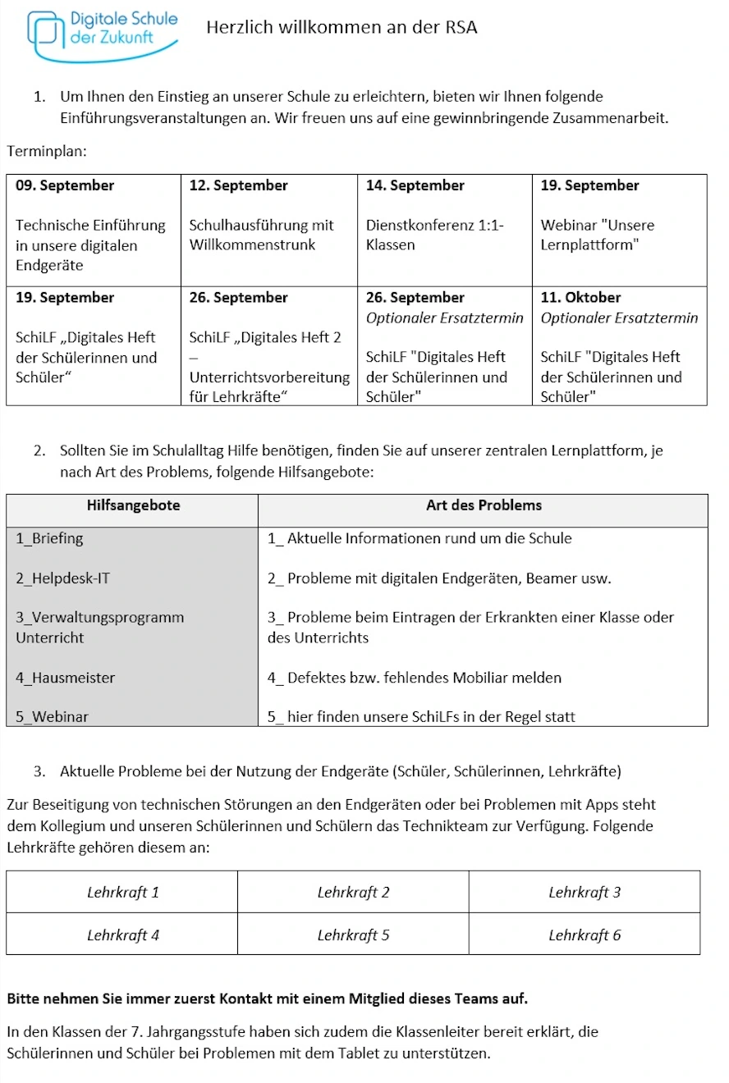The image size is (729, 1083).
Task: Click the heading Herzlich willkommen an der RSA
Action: (x=342, y=28)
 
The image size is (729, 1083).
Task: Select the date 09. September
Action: (x=65, y=185)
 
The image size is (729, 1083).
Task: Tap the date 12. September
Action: (x=238, y=185)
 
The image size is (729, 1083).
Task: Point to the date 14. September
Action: (x=415, y=185)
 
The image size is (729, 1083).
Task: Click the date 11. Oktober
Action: (x=580, y=297)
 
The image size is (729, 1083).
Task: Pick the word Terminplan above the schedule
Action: (x=46, y=152)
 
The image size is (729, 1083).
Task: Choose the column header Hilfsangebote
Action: (x=133, y=505)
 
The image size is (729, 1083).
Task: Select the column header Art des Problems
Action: (x=484, y=505)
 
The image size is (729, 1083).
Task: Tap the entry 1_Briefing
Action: (x=49, y=539)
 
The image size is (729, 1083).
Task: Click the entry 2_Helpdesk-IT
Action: (x=62, y=578)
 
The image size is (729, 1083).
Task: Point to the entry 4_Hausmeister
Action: (x=65, y=678)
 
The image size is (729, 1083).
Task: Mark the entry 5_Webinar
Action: (x=52, y=716)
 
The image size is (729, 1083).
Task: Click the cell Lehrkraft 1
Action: (x=123, y=893)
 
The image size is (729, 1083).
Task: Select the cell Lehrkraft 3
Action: (x=585, y=893)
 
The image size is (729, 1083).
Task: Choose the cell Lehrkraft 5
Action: (x=353, y=935)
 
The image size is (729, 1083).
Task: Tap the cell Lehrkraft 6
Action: (x=585, y=935)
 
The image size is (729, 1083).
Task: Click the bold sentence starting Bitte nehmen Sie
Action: (x=267, y=999)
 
